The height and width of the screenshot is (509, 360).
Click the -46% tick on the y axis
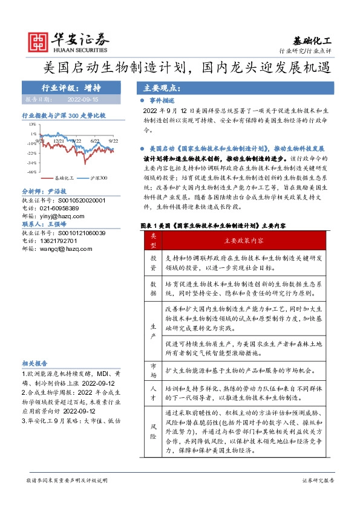(31, 172)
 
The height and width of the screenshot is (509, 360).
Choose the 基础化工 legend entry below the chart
(61, 179)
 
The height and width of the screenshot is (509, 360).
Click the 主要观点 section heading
(158, 86)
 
